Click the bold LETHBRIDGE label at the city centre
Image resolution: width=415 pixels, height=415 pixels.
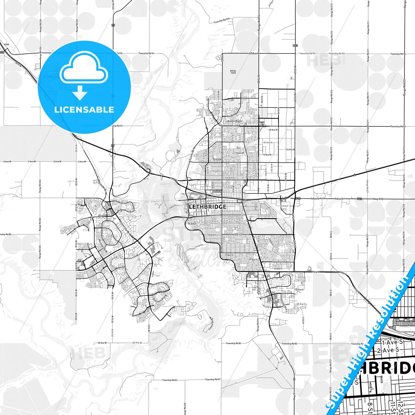(207, 207)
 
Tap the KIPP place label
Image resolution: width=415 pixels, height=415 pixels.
(7, 45)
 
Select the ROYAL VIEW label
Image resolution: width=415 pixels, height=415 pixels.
(233, 72)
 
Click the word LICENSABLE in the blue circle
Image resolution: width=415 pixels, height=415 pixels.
(84, 109)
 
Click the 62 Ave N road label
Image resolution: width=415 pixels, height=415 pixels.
(254, 53)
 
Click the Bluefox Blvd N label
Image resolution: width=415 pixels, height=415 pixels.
(235, 121)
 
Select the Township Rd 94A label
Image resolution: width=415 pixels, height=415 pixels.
(222, 20)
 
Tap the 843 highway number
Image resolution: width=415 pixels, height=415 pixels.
(296, 46)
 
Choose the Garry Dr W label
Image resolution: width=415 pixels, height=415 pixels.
(97, 217)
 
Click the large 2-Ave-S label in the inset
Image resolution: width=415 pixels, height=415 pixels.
(388, 350)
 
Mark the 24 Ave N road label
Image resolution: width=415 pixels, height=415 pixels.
(273, 130)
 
